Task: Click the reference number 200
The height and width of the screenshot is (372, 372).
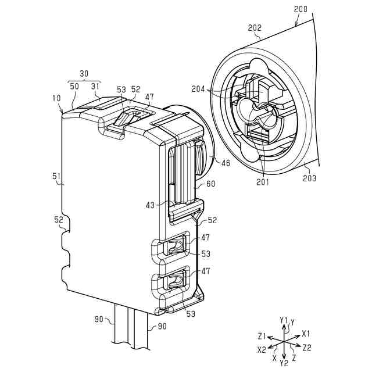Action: pyautogui.click(x=301, y=9)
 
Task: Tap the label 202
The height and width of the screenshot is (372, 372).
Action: pyautogui.click(x=255, y=27)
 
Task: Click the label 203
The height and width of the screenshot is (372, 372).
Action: pyautogui.click(x=309, y=178)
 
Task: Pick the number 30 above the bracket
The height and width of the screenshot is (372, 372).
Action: pyautogui.click(x=84, y=74)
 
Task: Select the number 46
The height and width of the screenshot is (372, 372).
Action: pyautogui.click(x=225, y=163)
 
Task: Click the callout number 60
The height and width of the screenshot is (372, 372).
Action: pyautogui.click(x=211, y=184)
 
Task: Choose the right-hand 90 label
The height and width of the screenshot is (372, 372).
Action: pyautogui.click(x=162, y=326)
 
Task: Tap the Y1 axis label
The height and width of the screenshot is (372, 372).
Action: pyautogui.click(x=284, y=320)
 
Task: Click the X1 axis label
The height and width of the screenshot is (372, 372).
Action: pyautogui.click(x=306, y=334)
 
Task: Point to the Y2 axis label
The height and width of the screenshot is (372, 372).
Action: pyautogui.click(x=284, y=363)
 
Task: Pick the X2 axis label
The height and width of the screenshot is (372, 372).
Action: pyautogui.click(x=262, y=350)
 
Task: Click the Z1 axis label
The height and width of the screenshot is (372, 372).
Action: pyautogui.click(x=262, y=336)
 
